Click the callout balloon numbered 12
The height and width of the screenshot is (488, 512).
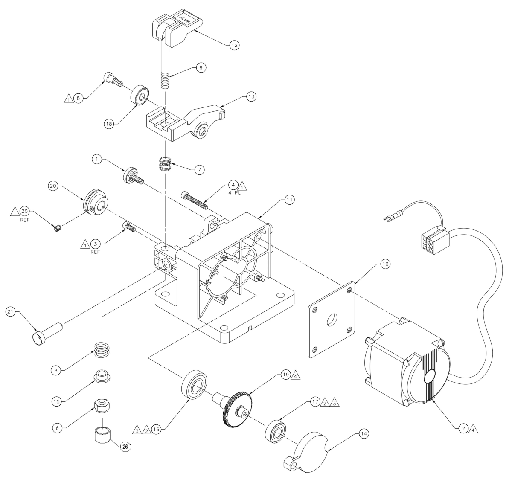point(233,45)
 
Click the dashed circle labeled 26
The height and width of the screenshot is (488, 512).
point(125,447)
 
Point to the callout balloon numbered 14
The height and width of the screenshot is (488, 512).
point(364,434)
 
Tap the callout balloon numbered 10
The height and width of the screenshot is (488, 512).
point(384,264)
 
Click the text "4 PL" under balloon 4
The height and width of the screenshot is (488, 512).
point(233,193)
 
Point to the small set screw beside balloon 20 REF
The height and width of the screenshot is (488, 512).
point(58,229)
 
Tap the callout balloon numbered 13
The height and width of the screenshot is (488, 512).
point(251,97)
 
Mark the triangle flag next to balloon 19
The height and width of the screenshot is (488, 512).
point(296,375)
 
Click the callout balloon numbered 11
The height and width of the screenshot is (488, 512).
point(290,199)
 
